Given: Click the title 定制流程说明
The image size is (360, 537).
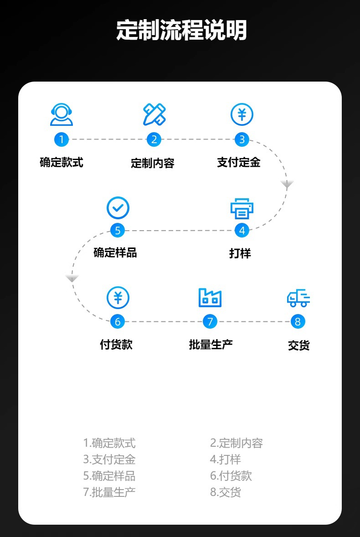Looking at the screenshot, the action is click(x=181, y=30).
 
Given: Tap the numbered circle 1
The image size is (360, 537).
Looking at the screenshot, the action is click(x=62, y=139).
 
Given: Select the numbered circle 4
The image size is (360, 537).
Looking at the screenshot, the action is click(x=242, y=230).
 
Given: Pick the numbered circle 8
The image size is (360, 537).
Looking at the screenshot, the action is click(x=298, y=321).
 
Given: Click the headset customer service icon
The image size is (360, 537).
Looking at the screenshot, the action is click(x=62, y=114).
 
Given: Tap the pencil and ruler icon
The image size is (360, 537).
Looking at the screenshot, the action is click(x=154, y=114).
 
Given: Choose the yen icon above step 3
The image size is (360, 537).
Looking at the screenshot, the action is click(x=242, y=114).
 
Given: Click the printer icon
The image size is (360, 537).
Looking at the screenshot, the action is click(x=242, y=208).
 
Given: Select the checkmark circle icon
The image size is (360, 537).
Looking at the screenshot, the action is click(x=118, y=208).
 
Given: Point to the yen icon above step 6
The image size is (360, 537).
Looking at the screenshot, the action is click(x=118, y=298).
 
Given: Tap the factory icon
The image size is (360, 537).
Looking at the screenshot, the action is click(x=210, y=298).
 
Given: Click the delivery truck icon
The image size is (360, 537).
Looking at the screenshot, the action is click(x=298, y=298).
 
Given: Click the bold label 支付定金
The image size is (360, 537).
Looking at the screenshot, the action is click(x=239, y=162).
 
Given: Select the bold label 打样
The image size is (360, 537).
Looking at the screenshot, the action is click(x=240, y=253).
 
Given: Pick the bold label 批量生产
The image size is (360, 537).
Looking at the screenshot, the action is click(x=211, y=344).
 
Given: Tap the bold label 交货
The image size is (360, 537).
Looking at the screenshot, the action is click(x=298, y=346).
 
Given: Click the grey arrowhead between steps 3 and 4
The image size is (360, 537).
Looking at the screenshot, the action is click(x=287, y=184).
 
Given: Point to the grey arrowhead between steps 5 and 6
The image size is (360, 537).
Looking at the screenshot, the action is click(x=72, y=278).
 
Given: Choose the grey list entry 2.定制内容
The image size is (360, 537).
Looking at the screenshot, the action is click(x=237, y=443).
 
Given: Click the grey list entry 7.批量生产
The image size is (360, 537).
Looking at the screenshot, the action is click(x=109, y=492).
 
